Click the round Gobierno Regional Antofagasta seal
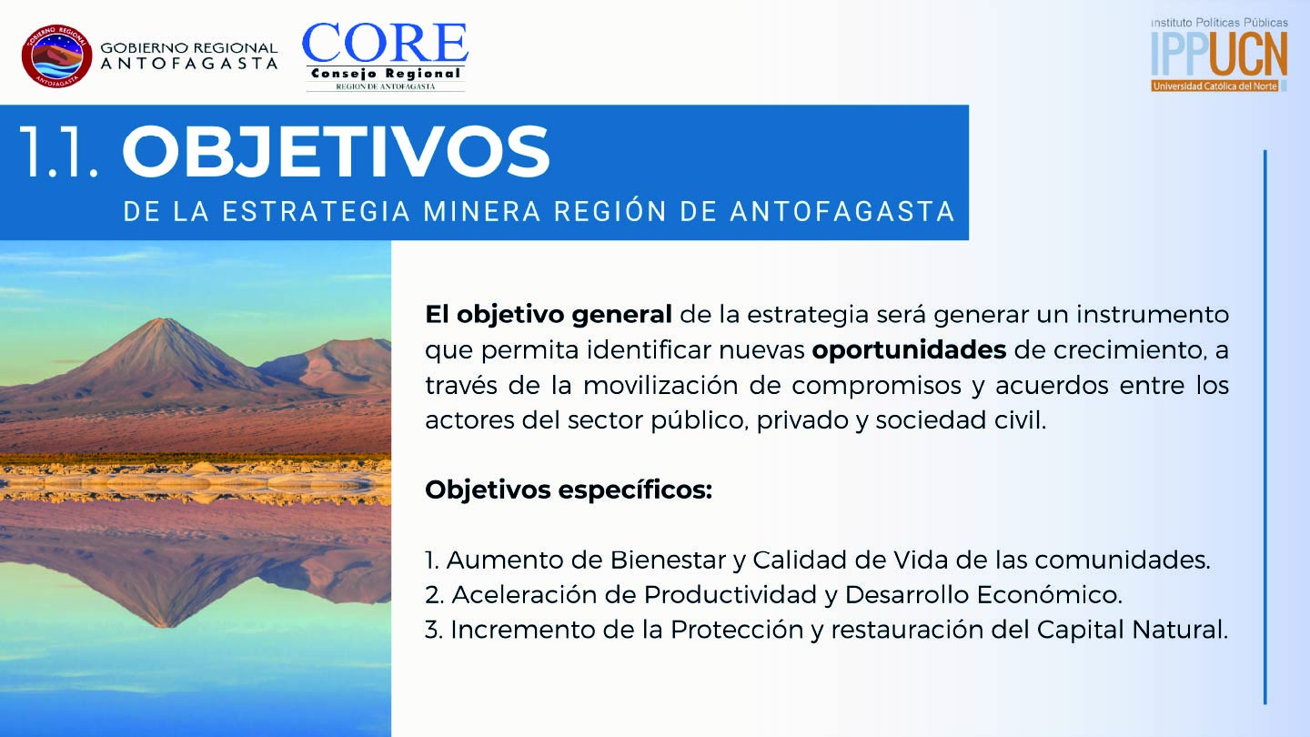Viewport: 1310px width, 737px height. point(56,56)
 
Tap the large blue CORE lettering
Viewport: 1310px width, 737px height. point(385,43)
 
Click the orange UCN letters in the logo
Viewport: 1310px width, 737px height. point(1248,54)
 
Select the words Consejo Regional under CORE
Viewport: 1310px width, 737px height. point(386,74)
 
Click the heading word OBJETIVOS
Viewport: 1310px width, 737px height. point(336,151)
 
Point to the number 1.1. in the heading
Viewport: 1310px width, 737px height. point(59,151)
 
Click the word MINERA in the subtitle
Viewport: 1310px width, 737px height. point(482,211)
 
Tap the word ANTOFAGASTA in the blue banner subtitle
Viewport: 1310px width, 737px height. point(842,211)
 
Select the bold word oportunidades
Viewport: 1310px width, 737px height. point(909,349)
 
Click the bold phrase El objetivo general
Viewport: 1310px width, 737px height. point(549,315)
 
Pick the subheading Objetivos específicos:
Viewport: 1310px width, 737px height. point(569,490)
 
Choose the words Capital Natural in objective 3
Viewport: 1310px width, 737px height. point(1133,630)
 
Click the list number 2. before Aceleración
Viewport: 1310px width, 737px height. point(435,595)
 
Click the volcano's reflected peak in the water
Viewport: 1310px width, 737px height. point(166,626)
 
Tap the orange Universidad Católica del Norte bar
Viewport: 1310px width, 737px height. point(1215,86)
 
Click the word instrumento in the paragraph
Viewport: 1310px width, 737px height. point(1152,315)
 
